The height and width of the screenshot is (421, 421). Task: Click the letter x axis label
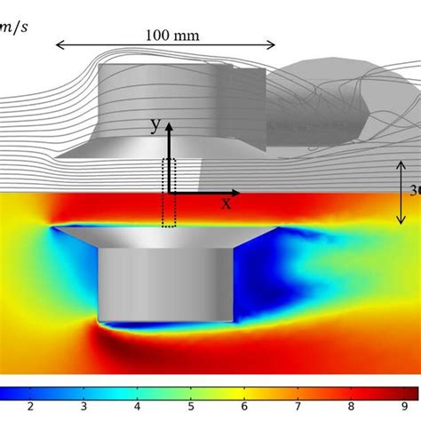tap(226, 203)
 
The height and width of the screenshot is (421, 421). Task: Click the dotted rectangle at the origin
tap(170, 192)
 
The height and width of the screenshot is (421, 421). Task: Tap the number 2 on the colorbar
tap(31, 408)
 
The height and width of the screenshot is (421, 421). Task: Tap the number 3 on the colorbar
tap(83, 408)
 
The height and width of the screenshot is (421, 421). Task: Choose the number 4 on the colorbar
tap(137, 408)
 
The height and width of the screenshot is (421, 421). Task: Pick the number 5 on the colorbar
tap(190, 408)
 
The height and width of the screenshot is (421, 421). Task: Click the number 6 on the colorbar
tap(243, 408)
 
